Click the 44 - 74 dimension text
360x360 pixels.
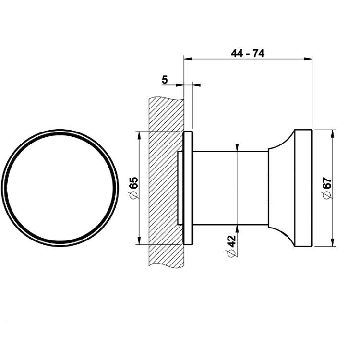[x=248, y=53]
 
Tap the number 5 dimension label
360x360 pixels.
[x=165, y=80]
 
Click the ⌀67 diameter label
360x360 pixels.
[x=327, y=188]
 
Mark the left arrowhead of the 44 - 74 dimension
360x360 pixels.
[x=188, y=59]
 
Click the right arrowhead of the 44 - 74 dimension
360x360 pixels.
[x=308, y=59]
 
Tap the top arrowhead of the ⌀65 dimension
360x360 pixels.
[x=139, y=135]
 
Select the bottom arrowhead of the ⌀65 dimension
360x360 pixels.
[x=139, y=240]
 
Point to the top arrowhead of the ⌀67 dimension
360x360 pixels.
[x=333, y=133]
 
